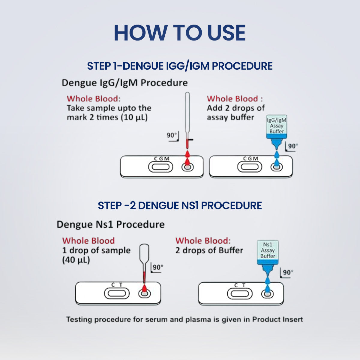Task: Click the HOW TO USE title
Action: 180,33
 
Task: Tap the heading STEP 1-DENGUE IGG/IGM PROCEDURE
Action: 180,66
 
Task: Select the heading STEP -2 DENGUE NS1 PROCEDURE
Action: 180,205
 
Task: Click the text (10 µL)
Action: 134,117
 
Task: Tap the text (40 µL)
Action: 76,260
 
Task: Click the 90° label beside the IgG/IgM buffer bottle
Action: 292,146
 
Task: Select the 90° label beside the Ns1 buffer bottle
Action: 287,272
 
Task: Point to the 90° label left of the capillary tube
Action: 172,135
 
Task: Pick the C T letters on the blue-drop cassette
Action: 240,285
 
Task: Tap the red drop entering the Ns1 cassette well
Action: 145,289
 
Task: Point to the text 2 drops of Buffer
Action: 209,250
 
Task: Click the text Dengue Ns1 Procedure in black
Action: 110,224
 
